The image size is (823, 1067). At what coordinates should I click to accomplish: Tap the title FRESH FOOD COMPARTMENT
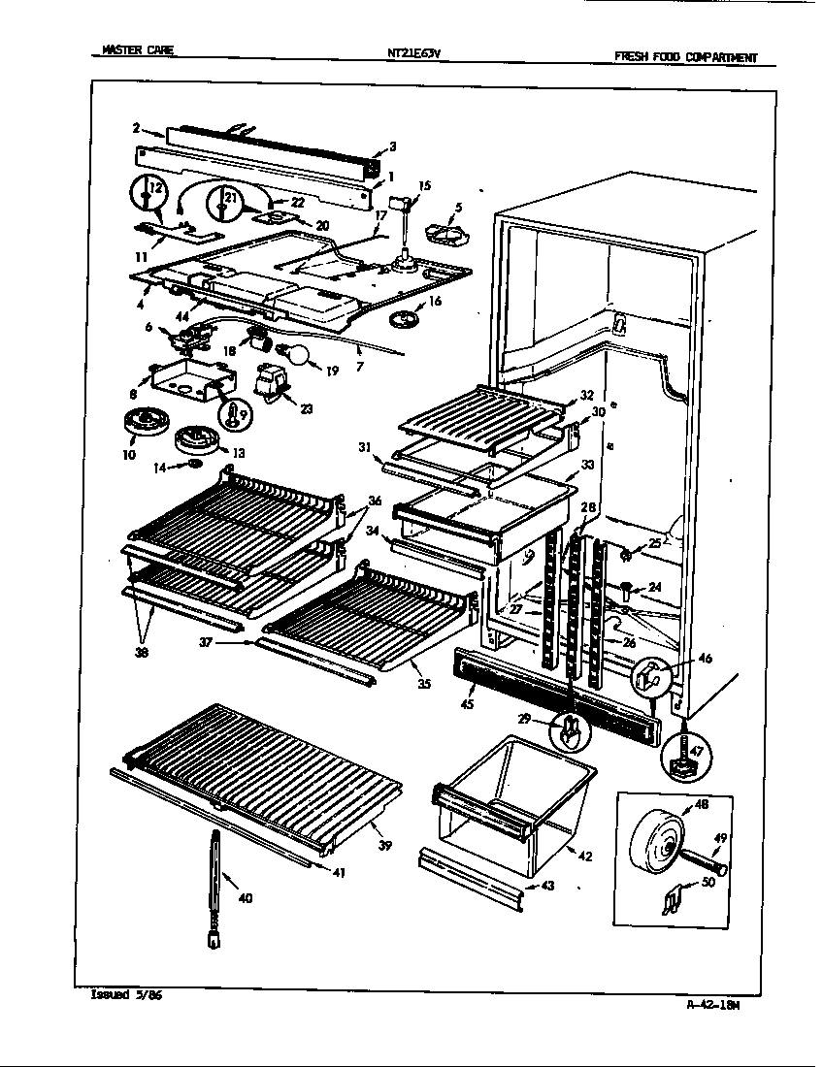(x=685, y=57)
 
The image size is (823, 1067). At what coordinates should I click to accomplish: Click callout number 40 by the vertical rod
(x=245, y=898)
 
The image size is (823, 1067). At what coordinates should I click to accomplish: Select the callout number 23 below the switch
(x=306, y=408)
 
